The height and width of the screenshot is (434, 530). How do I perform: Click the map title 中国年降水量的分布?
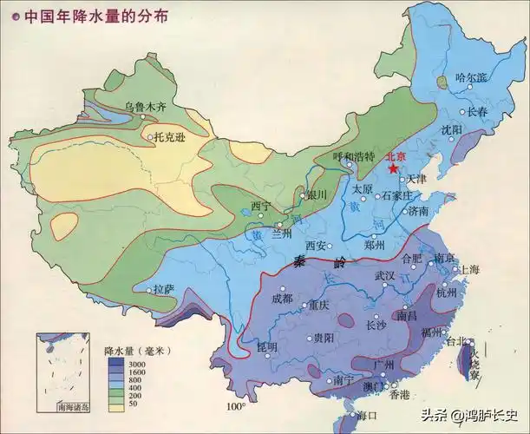tap(97, 15)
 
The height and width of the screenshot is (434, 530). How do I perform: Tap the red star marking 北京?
tap(394, 169)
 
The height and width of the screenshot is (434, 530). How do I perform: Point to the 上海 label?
tap(468, 270)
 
